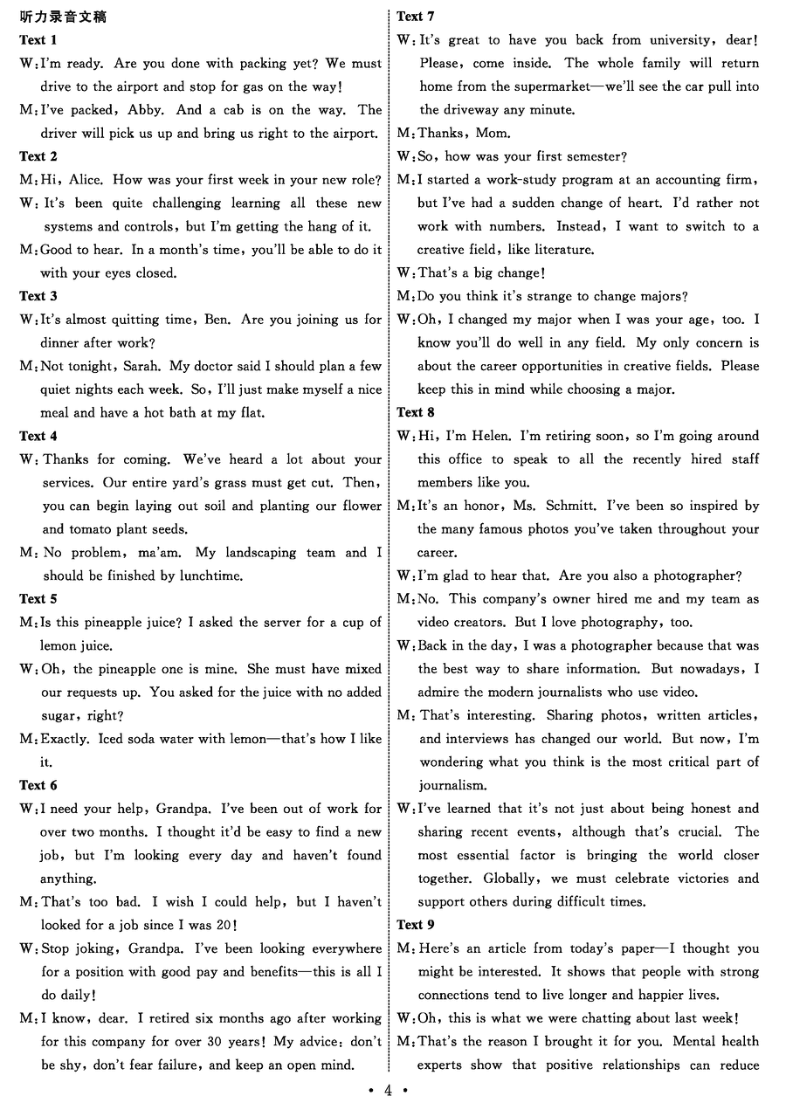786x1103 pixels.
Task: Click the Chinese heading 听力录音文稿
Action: (63, 17)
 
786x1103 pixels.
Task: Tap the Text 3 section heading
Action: (38, 296)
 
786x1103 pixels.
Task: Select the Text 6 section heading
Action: (38, 785)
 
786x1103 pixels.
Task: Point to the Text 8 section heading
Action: (416, 412)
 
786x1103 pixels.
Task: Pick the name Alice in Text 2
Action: (86, 180)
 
